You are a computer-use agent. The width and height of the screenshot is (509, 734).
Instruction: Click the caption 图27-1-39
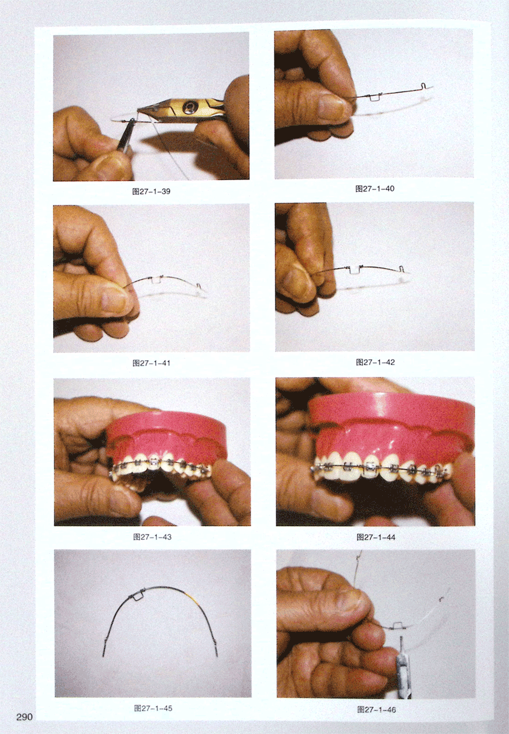[151, 191]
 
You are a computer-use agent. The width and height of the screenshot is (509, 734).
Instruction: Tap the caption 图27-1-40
[375, 188]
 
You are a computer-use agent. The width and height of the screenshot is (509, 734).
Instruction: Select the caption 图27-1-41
[151, 363]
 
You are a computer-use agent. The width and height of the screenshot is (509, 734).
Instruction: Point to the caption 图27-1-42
[376, 362]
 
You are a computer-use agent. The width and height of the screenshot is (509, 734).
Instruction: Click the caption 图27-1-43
[152, 537]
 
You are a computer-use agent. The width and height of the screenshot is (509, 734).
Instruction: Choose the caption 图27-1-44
[376, 537]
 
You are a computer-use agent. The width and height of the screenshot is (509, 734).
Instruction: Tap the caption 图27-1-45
[153, 708]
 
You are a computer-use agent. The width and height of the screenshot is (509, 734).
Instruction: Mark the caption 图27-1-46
[376, 709]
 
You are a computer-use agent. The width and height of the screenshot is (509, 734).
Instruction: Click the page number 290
[25, 717]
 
